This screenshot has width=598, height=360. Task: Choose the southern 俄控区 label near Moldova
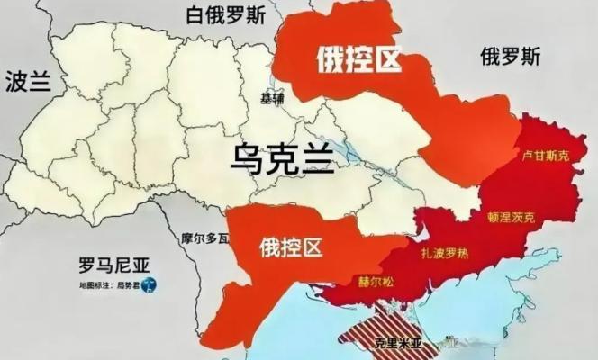pyautogui.click(x=291, y=244)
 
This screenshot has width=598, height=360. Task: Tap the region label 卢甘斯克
pyautogui.click(x=547, y=156)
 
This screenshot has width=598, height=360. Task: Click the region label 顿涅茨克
pyautogui.click(x=511, y=217)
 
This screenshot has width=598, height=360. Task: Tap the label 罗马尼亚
pyautogui.click(x=113, y=265)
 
